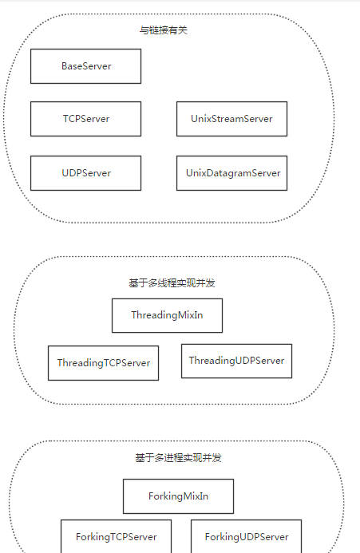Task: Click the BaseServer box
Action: (x=85, y=66)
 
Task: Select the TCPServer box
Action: (x=85, y=119)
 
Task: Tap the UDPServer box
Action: (x=85, y=173)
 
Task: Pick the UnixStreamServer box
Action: (x=231, y=119)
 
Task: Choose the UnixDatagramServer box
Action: (x=231, y=173)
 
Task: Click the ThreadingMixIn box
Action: (x=168, y=316)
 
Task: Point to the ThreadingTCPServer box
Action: (x=104, y=363)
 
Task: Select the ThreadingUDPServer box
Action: (x=237, y=361)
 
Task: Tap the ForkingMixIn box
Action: (x=178, y=496)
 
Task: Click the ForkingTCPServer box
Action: (x=116, y=536)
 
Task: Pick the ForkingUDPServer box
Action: (x=247, y=536)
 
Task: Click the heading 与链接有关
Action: (x=164, y=30)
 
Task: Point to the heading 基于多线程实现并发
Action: (x=172, y=282)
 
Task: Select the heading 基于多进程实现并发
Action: (x=178, y=457)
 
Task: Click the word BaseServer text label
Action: (x=86, y=66)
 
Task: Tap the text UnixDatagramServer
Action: (x=233, y=173)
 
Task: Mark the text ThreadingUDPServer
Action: (x=236, y=361)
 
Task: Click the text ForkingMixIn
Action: (x=178, y=496)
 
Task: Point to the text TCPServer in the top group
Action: (x=86, y=119)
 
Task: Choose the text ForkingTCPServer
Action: (x=116, y=537)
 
